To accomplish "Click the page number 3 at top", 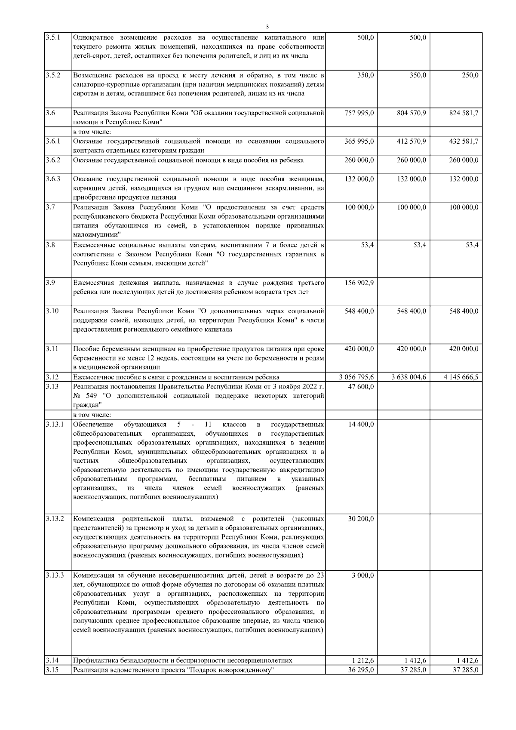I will (267, 25).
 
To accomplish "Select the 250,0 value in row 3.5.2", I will (469, 75).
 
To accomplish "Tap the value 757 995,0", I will (359, 113).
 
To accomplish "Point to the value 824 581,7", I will (464, 113).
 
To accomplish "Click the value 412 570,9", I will (411, 141).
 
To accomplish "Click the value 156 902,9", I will (359, 283).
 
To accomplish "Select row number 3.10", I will (52, 311).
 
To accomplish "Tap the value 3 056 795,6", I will (356, 377).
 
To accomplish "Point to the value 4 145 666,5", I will (461, 377).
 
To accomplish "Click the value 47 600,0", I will (361, 386).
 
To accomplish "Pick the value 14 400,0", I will (361, 424).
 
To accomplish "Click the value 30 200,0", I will (361, 519).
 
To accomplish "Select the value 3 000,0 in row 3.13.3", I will (363, 576).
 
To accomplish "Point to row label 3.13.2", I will (55, 519).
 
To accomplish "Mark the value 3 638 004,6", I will (408, 377).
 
